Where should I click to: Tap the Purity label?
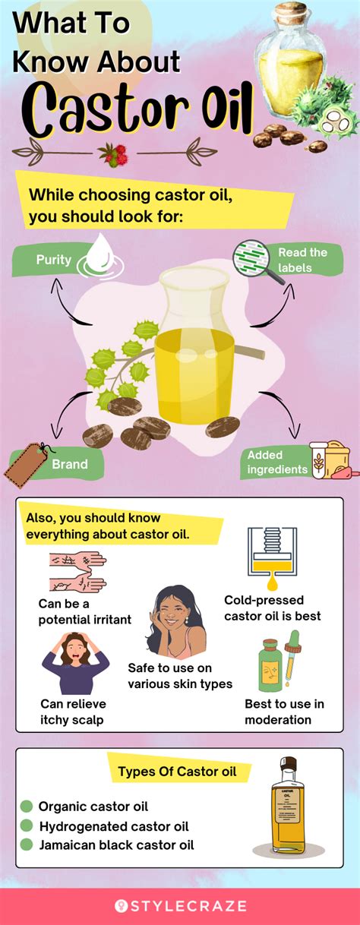point(54,260)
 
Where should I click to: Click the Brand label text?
point(70,464)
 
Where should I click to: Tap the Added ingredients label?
point(277,462)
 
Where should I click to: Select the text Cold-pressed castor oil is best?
point(273,608)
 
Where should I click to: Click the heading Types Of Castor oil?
point(177,772)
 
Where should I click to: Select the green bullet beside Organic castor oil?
point(27,806)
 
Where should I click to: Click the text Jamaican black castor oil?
point(116,845)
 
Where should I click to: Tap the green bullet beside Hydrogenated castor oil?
point(27,825)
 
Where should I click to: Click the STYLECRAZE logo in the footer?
point(181,906)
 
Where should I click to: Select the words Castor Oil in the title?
point(137,109)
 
